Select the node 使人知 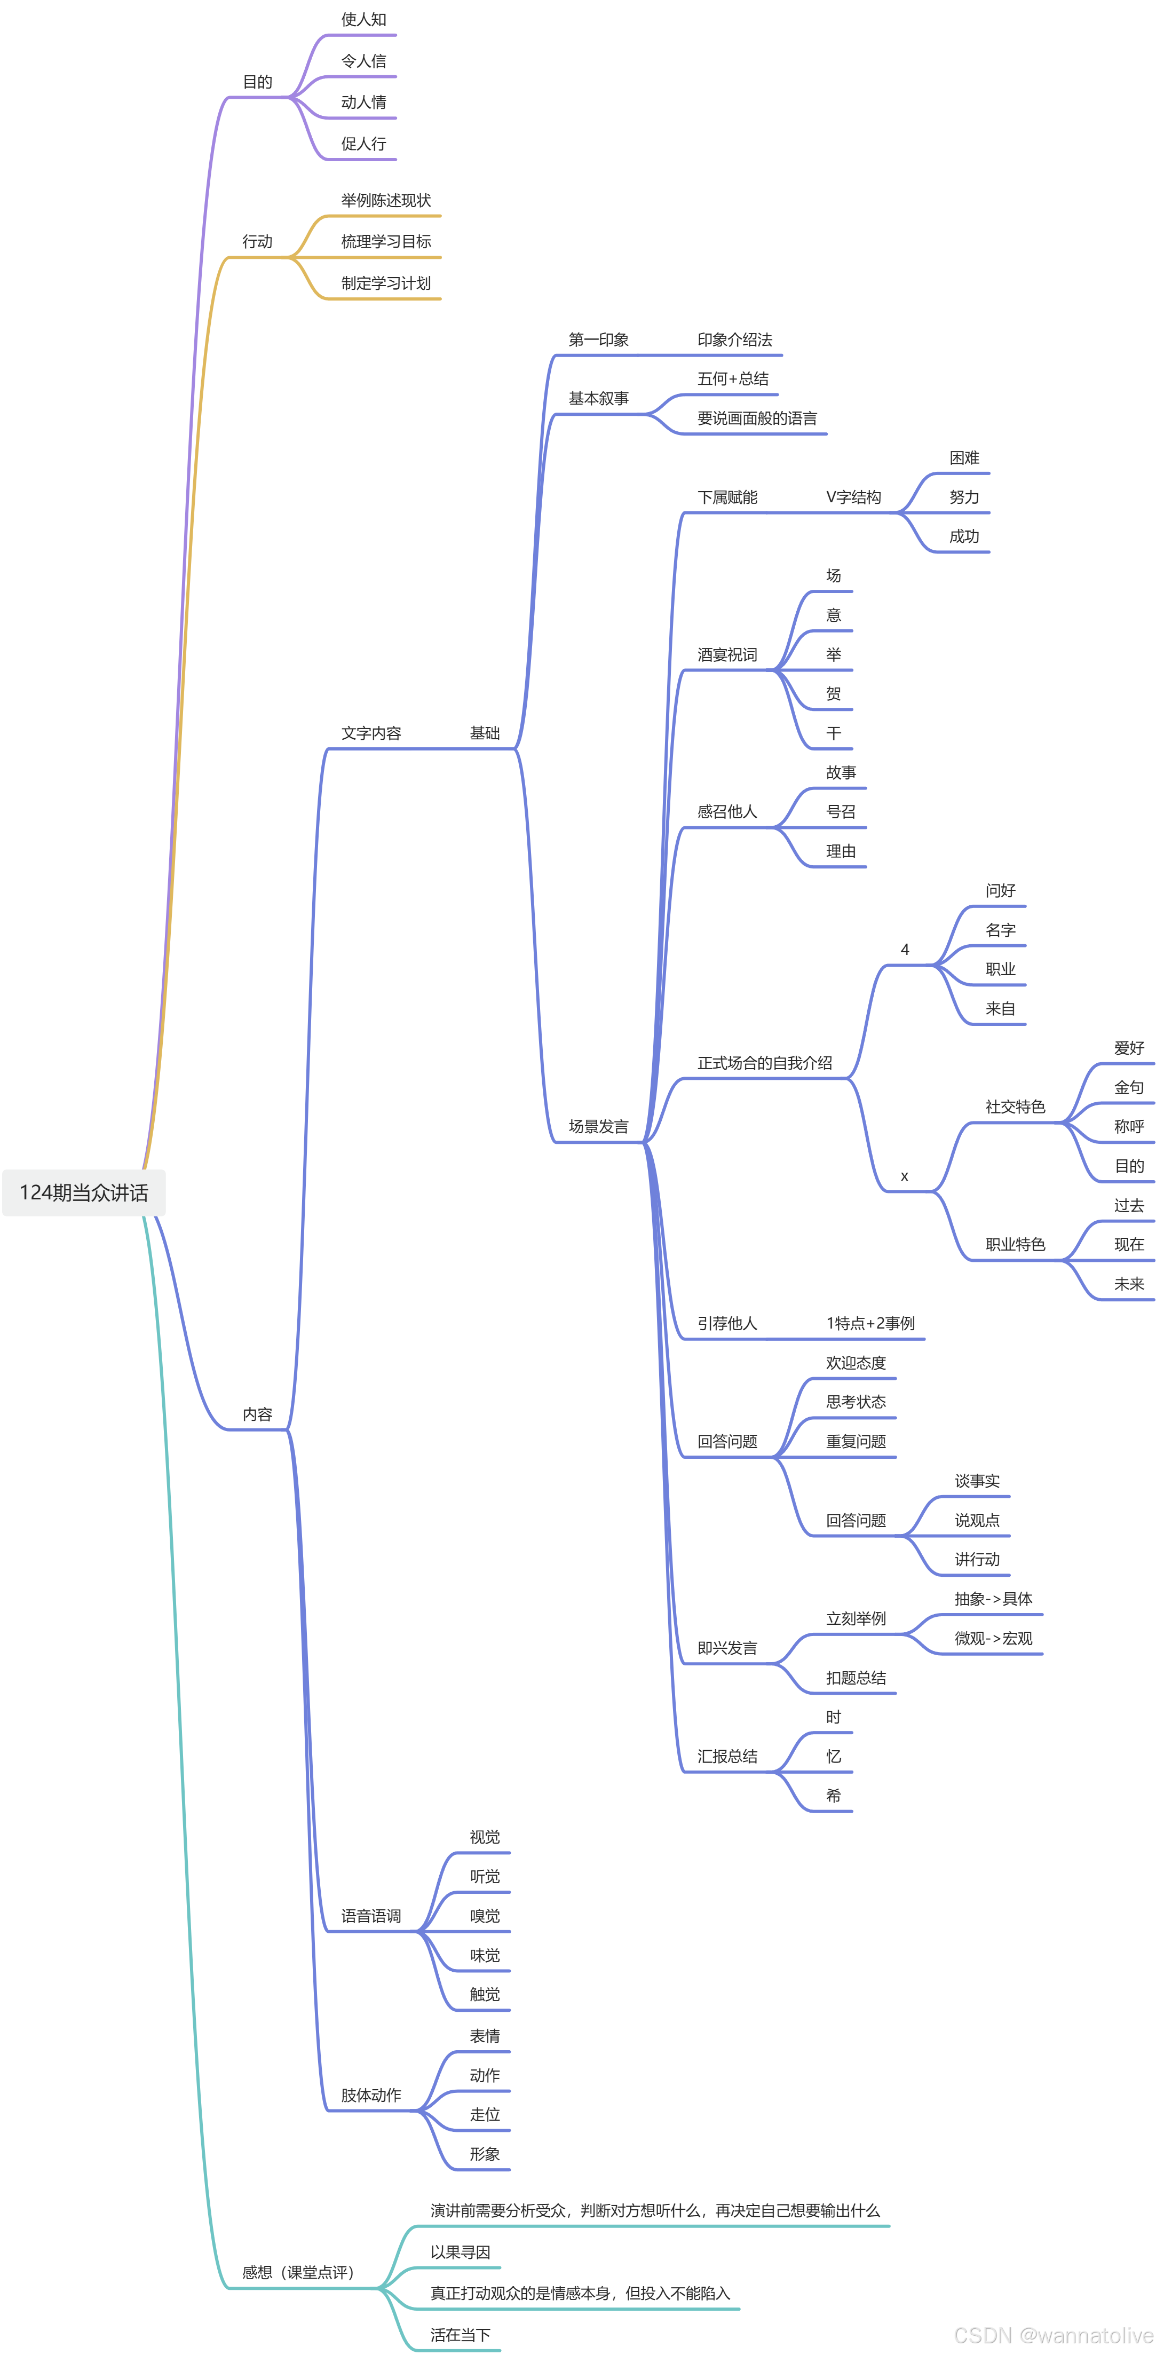(x=363, y=19)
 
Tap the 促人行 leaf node (x=363, y=144)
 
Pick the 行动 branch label (x=257, y=241)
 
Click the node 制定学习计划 (x=386, y=283)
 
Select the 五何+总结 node (x=733, y=378)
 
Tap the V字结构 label (x=853, y=497)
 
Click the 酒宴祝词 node (x=727, y=654)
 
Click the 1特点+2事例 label (x=870, y=1323)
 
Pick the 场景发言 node (x=599, y=1126)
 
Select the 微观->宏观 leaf (x=993, y=1638)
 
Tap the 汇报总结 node (x=727, y=1756)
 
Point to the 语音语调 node (x=371, y=1916)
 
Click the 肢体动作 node (x=371, y=2096)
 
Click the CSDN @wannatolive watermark (x=1053, y=2336)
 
